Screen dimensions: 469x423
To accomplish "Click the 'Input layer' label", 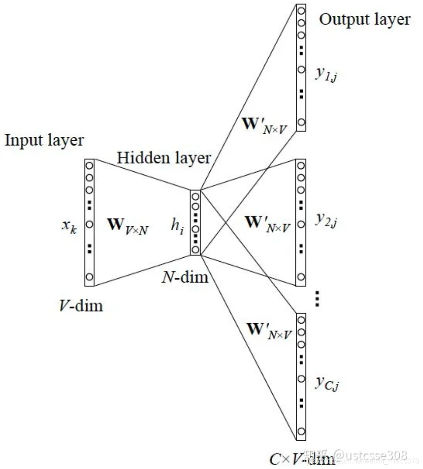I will [x=44, y=141].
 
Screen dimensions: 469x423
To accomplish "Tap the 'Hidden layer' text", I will [x=164, y=158].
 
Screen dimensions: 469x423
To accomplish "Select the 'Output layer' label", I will [x=364, y=19].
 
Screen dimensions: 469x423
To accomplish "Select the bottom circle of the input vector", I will [x=90, y=277].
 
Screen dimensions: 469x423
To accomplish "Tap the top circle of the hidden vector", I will [x=196, y=196].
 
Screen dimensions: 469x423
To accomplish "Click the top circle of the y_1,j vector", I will [x=301, y=9].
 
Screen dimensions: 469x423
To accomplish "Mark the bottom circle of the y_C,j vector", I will [x=301, y=432].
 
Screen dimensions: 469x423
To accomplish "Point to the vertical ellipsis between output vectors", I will [x=317, y=298].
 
